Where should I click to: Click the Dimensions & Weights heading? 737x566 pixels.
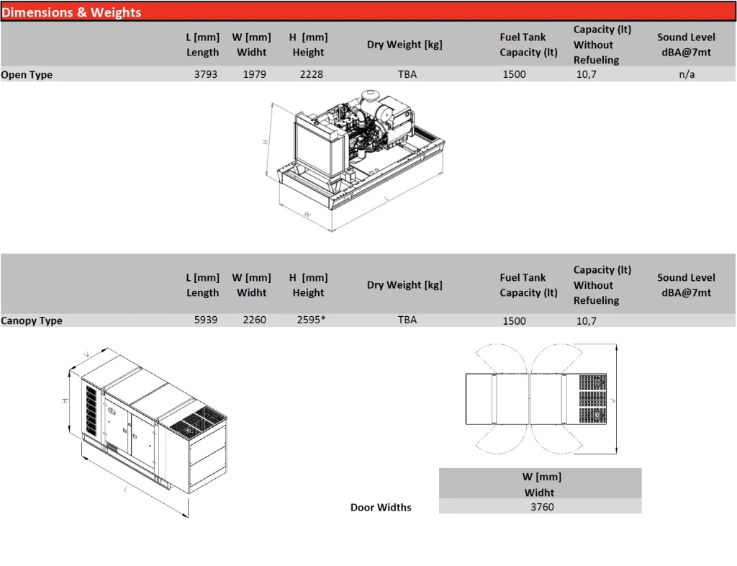click(x=72, y=12)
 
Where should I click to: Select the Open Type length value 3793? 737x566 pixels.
click(x=205, y=74)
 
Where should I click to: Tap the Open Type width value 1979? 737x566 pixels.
click(x=254, y=74)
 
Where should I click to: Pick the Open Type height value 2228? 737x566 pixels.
click(x=311, y=74)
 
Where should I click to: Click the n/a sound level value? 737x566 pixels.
click(x=687, y=74)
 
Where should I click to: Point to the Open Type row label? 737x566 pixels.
click(x=27, y=74)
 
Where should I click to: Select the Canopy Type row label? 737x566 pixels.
click(x=32, y=320)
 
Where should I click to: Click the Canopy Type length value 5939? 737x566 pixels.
click(x=205, y=320)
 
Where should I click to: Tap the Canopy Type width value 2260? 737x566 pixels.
click(x=254, y=320)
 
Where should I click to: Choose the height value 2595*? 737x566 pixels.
click(x=311, y=320)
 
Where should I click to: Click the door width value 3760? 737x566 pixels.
click(x=542, y=507)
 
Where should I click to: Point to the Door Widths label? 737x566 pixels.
click(x=381, y=508)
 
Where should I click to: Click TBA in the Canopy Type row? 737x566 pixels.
click(x=407, y=320)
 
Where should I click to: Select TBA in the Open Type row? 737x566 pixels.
click(x=407, y=74)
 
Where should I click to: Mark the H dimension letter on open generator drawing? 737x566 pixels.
click(x=266, y=143)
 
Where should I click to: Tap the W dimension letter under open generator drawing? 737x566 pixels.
click(x=307, y=214)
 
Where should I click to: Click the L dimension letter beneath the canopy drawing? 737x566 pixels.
click(x=127, y=489)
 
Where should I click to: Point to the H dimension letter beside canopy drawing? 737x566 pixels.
click(x=65, y=400)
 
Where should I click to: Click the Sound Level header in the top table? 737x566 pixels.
click(x=686, y=45)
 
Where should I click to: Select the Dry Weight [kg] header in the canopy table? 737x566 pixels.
click(x=404, y=285)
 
